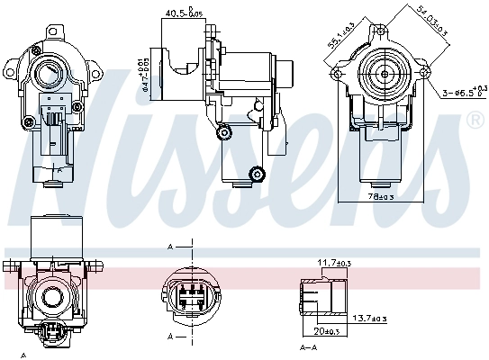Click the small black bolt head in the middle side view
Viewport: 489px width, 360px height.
tap(258, 174)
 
